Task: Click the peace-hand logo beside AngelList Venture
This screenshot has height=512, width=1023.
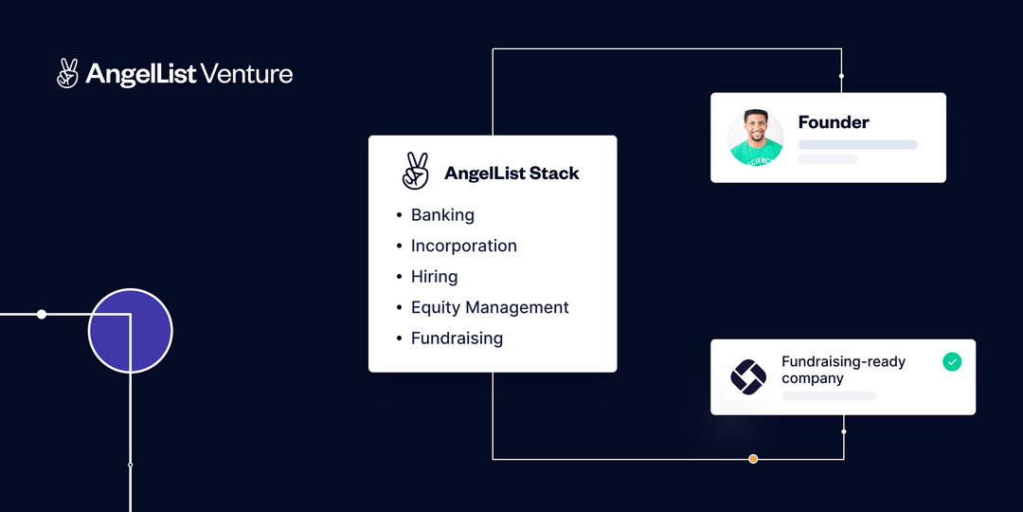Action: (x=67, y=73)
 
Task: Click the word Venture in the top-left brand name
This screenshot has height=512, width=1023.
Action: (x=247, y=74)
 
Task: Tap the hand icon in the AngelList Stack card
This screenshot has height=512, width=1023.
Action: (x=415, y=172)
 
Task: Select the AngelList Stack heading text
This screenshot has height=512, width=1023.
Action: (x=511, y=174)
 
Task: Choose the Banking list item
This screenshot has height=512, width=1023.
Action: (x=442, y=215)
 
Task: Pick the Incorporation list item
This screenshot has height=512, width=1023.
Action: (x=463, y=246)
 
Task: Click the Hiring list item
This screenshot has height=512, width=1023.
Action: (x=434, y=277)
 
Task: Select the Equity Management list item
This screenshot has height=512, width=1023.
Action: (x=490, y=307)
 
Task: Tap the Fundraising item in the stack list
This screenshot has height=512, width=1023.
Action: (x=457, y=338)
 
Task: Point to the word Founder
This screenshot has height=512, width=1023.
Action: (x=834, y=122)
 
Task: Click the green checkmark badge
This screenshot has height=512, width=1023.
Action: (x=952, y=361)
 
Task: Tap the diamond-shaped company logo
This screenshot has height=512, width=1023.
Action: (x=748, y=377)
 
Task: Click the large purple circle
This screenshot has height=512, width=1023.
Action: (x=130, y=331)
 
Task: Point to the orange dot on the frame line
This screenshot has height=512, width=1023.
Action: (x=753, y=459)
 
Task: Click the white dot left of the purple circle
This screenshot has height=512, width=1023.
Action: (x=42, y=314)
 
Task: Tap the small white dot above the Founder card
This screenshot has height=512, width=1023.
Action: (x=841, y=76)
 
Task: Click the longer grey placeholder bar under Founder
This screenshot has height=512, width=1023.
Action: (x=858, y=145)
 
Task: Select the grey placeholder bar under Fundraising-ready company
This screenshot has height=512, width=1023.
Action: (x=828, y=395)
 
